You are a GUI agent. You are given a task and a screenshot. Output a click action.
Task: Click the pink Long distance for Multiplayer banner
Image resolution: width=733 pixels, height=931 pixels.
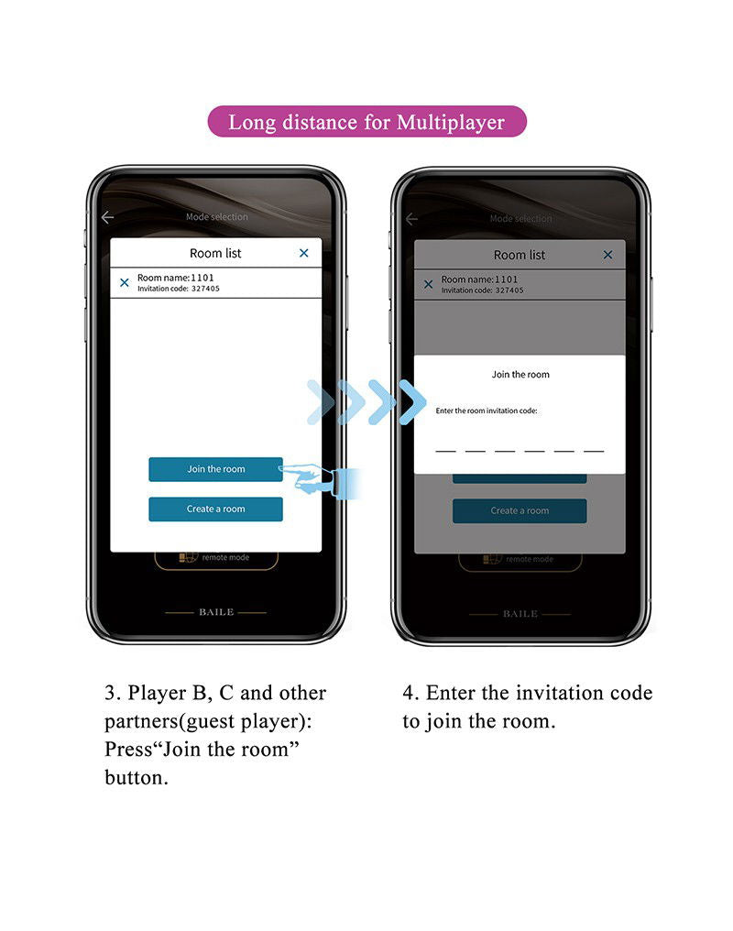click(x=366, y=122)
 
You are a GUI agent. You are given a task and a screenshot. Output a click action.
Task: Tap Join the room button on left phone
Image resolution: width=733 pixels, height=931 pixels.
click(x=215, y=469)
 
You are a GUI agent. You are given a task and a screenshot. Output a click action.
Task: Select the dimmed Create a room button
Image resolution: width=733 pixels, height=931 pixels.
click(x=520, y=510)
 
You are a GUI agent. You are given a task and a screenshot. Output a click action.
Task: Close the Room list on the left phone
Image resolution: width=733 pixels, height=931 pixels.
click(x=304, y=253)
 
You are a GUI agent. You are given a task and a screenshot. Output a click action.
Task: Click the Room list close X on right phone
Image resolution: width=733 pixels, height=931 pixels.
click(x=607, y=255)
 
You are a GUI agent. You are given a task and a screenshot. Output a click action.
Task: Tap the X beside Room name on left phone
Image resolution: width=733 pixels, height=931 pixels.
click(x=124, y=282)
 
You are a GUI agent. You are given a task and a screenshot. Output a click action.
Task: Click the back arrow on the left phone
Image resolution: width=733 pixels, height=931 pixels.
click(x=107, y=217)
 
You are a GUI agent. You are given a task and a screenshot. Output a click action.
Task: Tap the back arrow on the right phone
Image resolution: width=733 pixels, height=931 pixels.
click(x=411, y=220)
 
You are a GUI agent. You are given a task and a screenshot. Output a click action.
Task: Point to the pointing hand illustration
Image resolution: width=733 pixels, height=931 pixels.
click(x=321, y=480)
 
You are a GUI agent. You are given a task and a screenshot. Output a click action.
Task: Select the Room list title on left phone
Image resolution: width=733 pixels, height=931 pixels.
click(x=215, y=253)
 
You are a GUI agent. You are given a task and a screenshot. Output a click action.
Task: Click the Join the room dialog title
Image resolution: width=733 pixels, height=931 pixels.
click(x=520, y=375)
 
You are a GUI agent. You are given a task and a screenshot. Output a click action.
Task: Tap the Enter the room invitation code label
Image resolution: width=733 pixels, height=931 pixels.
click(x=487, y=411)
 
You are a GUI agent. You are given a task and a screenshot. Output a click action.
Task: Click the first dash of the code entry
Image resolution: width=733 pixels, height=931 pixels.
click(x=445, y=451)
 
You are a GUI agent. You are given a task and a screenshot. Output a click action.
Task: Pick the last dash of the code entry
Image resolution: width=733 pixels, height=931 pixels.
click(x=594, y=451)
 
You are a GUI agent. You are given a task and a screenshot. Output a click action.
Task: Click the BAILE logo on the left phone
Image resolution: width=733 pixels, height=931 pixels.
click(x=216, y=612)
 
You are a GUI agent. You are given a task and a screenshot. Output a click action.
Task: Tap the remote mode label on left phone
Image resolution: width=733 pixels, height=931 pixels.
click(x=225, y=557)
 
